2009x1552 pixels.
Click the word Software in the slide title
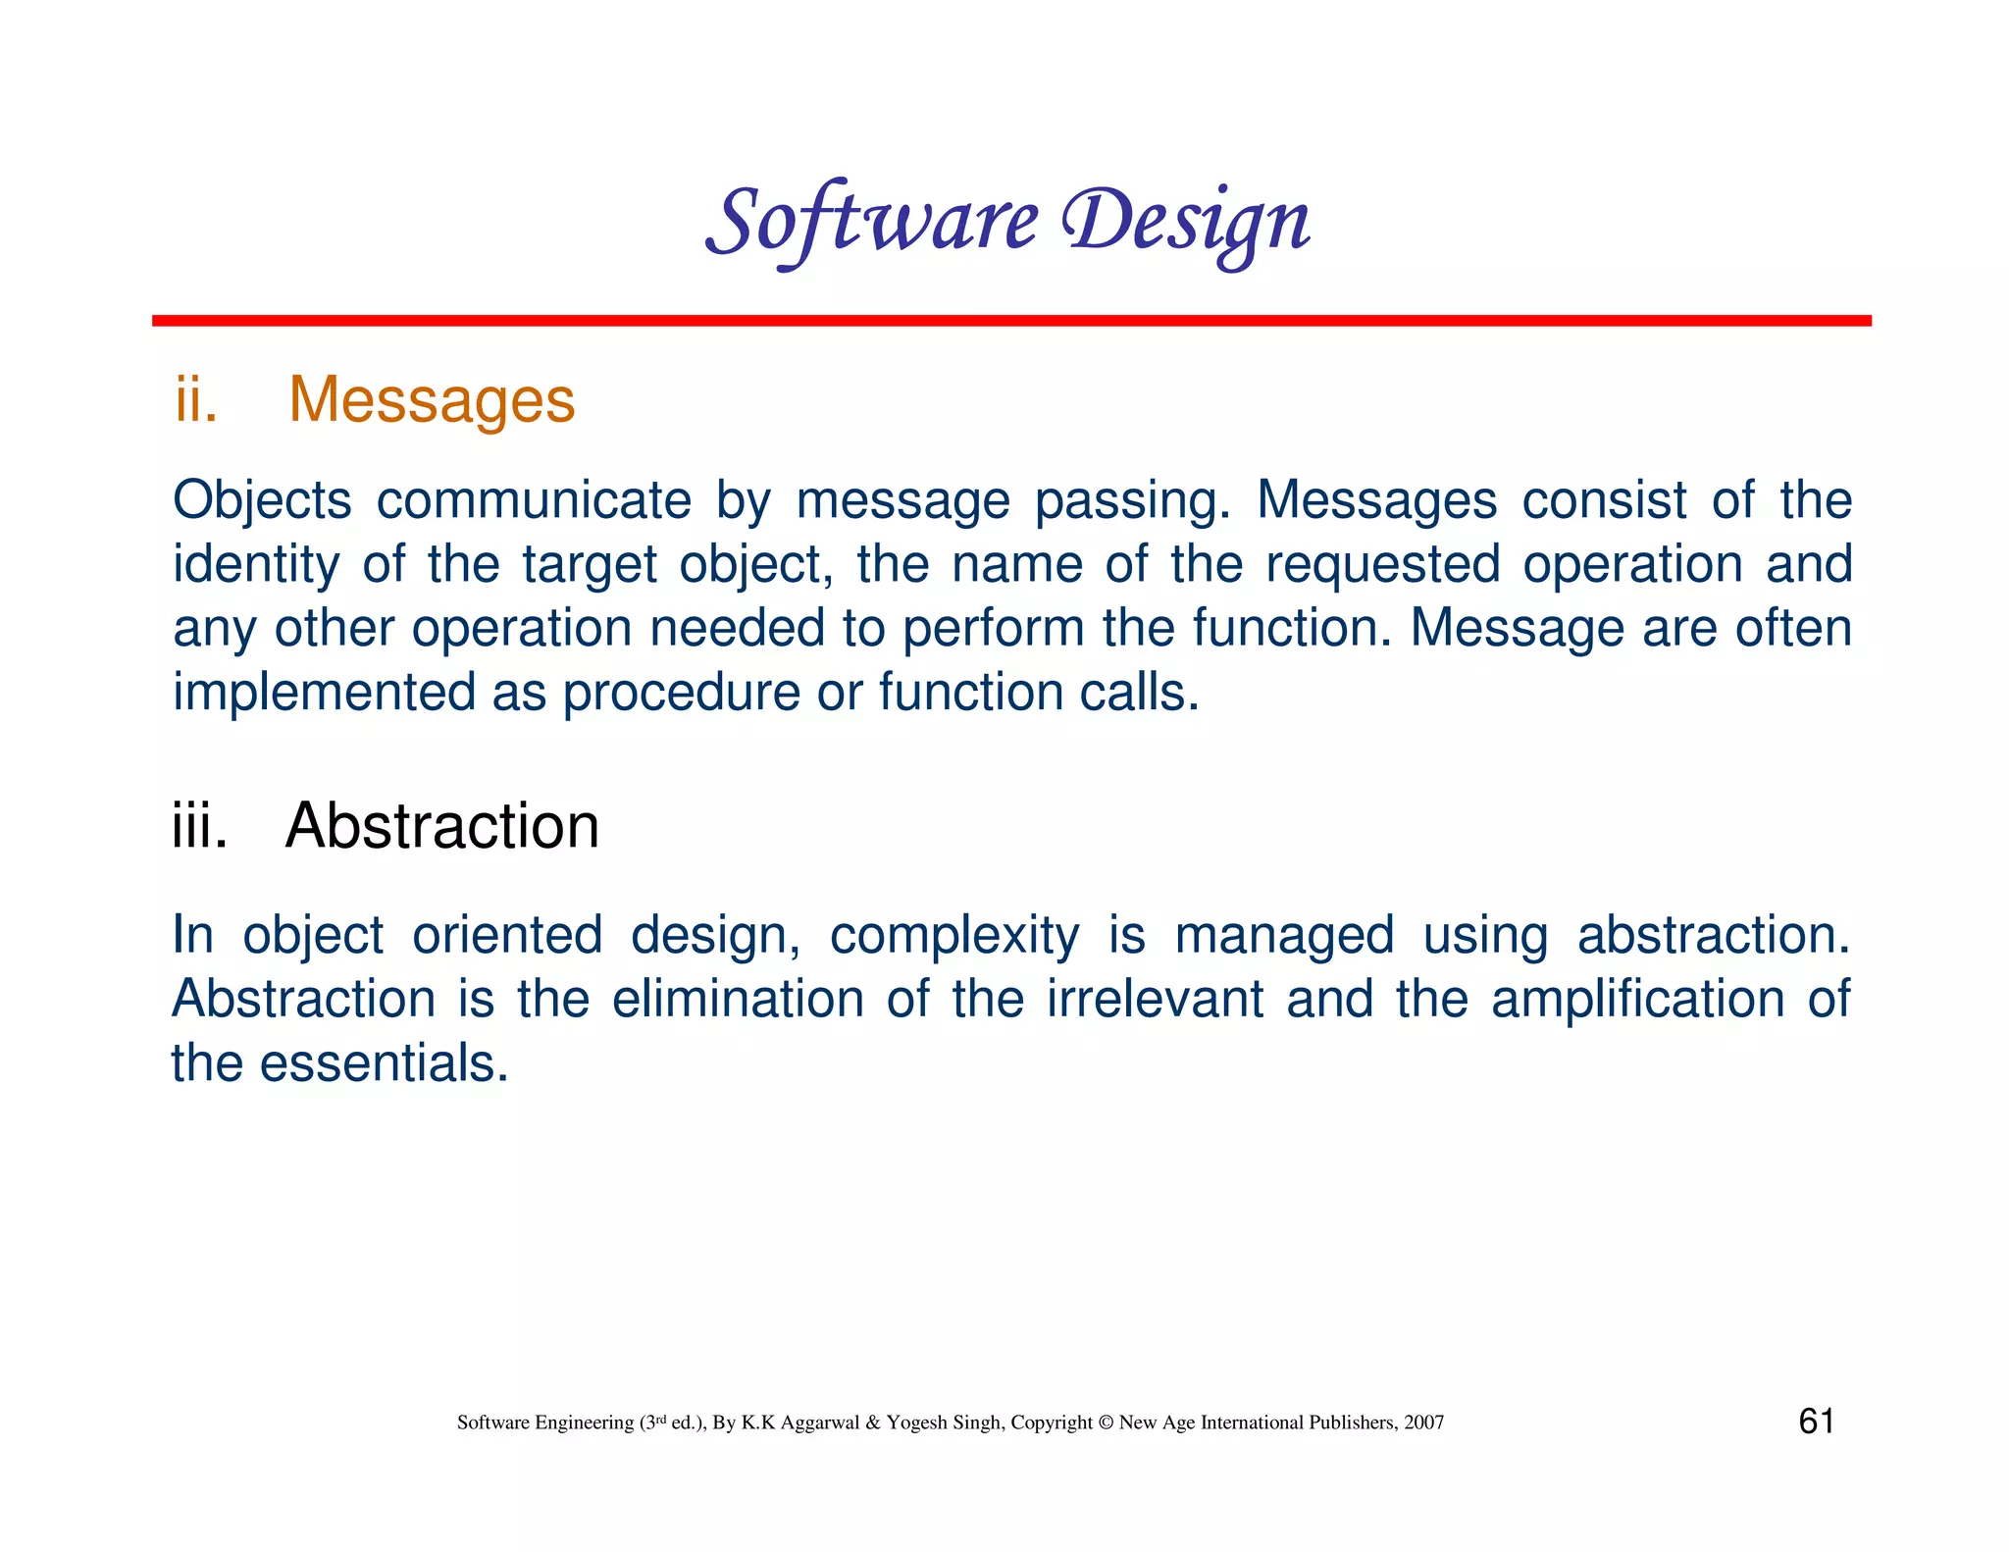[871, 222]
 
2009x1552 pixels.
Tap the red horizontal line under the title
[1010, 321]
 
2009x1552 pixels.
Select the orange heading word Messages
[432, 400]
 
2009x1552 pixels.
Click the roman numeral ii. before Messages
[196, 400]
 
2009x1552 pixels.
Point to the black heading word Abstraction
[441, 826]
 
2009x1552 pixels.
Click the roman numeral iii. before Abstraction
[200, 826]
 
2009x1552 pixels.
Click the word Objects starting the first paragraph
[262, 500]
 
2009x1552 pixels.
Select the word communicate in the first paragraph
[534, 500]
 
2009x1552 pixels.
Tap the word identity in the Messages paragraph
[255, 565]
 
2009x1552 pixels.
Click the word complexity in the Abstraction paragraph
[953, 935]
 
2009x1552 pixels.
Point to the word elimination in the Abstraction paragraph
[738, 1000]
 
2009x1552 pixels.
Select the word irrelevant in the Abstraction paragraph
[1154, 1000]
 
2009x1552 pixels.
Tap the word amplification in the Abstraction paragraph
[1637, 1000]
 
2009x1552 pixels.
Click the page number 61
[1816, 1422]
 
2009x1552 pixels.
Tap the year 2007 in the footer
[1423, 1423]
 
